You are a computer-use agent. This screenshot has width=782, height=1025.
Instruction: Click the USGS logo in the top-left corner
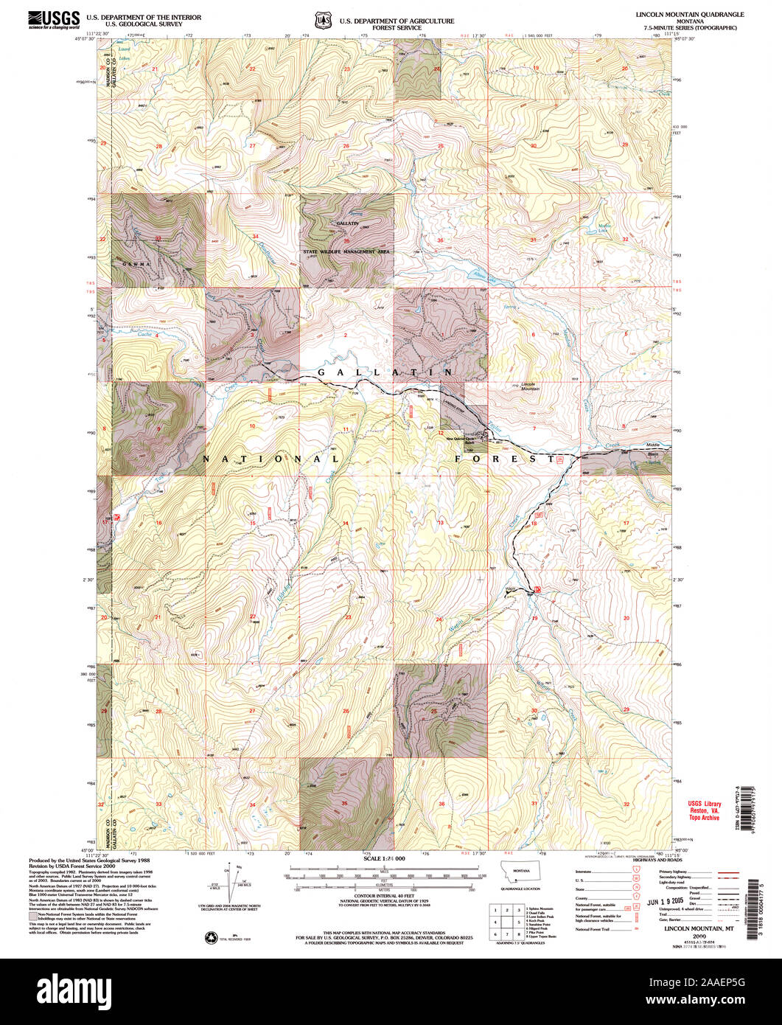(53, 18)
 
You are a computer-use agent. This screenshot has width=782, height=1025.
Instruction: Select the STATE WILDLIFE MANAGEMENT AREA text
(346, 251)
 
